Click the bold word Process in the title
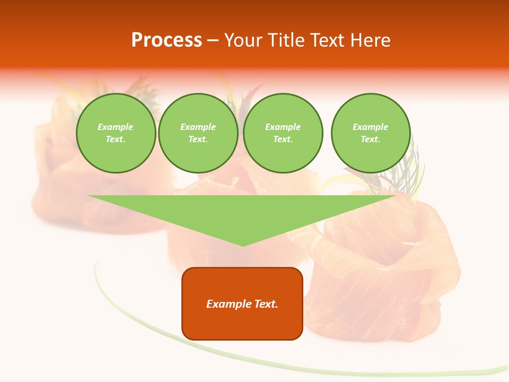tap(166, 40)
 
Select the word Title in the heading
tap(289, 40)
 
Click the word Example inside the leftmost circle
tap(116, 127)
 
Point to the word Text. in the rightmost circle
tap(370, 139)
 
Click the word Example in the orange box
tap(228, 304)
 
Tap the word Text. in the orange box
tap(265, 304)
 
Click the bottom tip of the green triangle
tap(243, 245)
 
